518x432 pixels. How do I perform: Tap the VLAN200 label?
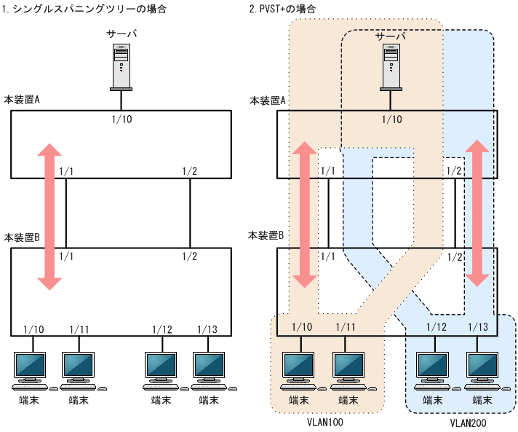(x=466, y=422)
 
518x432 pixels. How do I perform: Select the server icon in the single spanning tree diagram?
(x=121, y=66)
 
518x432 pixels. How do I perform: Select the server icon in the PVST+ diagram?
(x=391, y=66)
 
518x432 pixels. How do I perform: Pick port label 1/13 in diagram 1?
(x=208, y=330)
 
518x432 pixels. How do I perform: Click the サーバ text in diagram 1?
(x=121, y=34)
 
